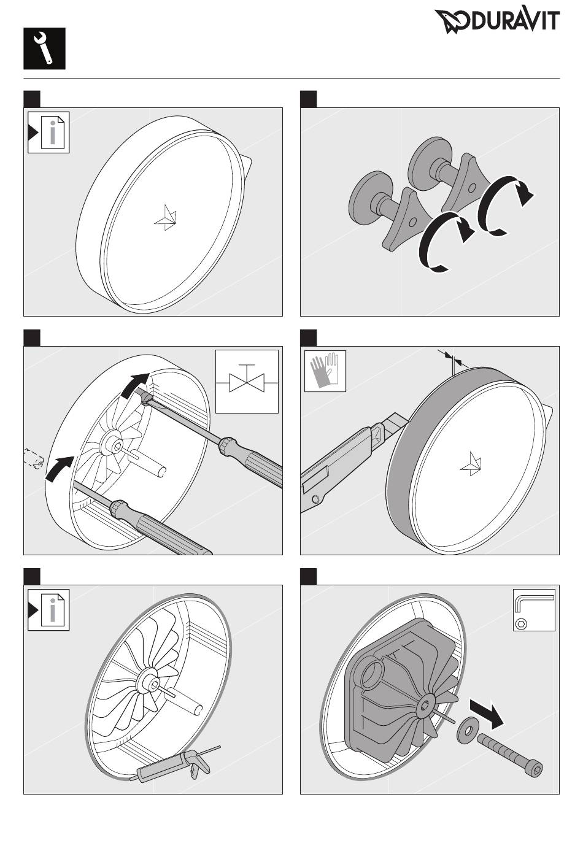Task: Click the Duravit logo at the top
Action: [498, 21]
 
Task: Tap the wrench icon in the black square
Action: [44, 48]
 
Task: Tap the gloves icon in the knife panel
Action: [325, 371]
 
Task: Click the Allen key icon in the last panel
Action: [534, 610]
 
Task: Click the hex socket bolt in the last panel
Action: [511, 752]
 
